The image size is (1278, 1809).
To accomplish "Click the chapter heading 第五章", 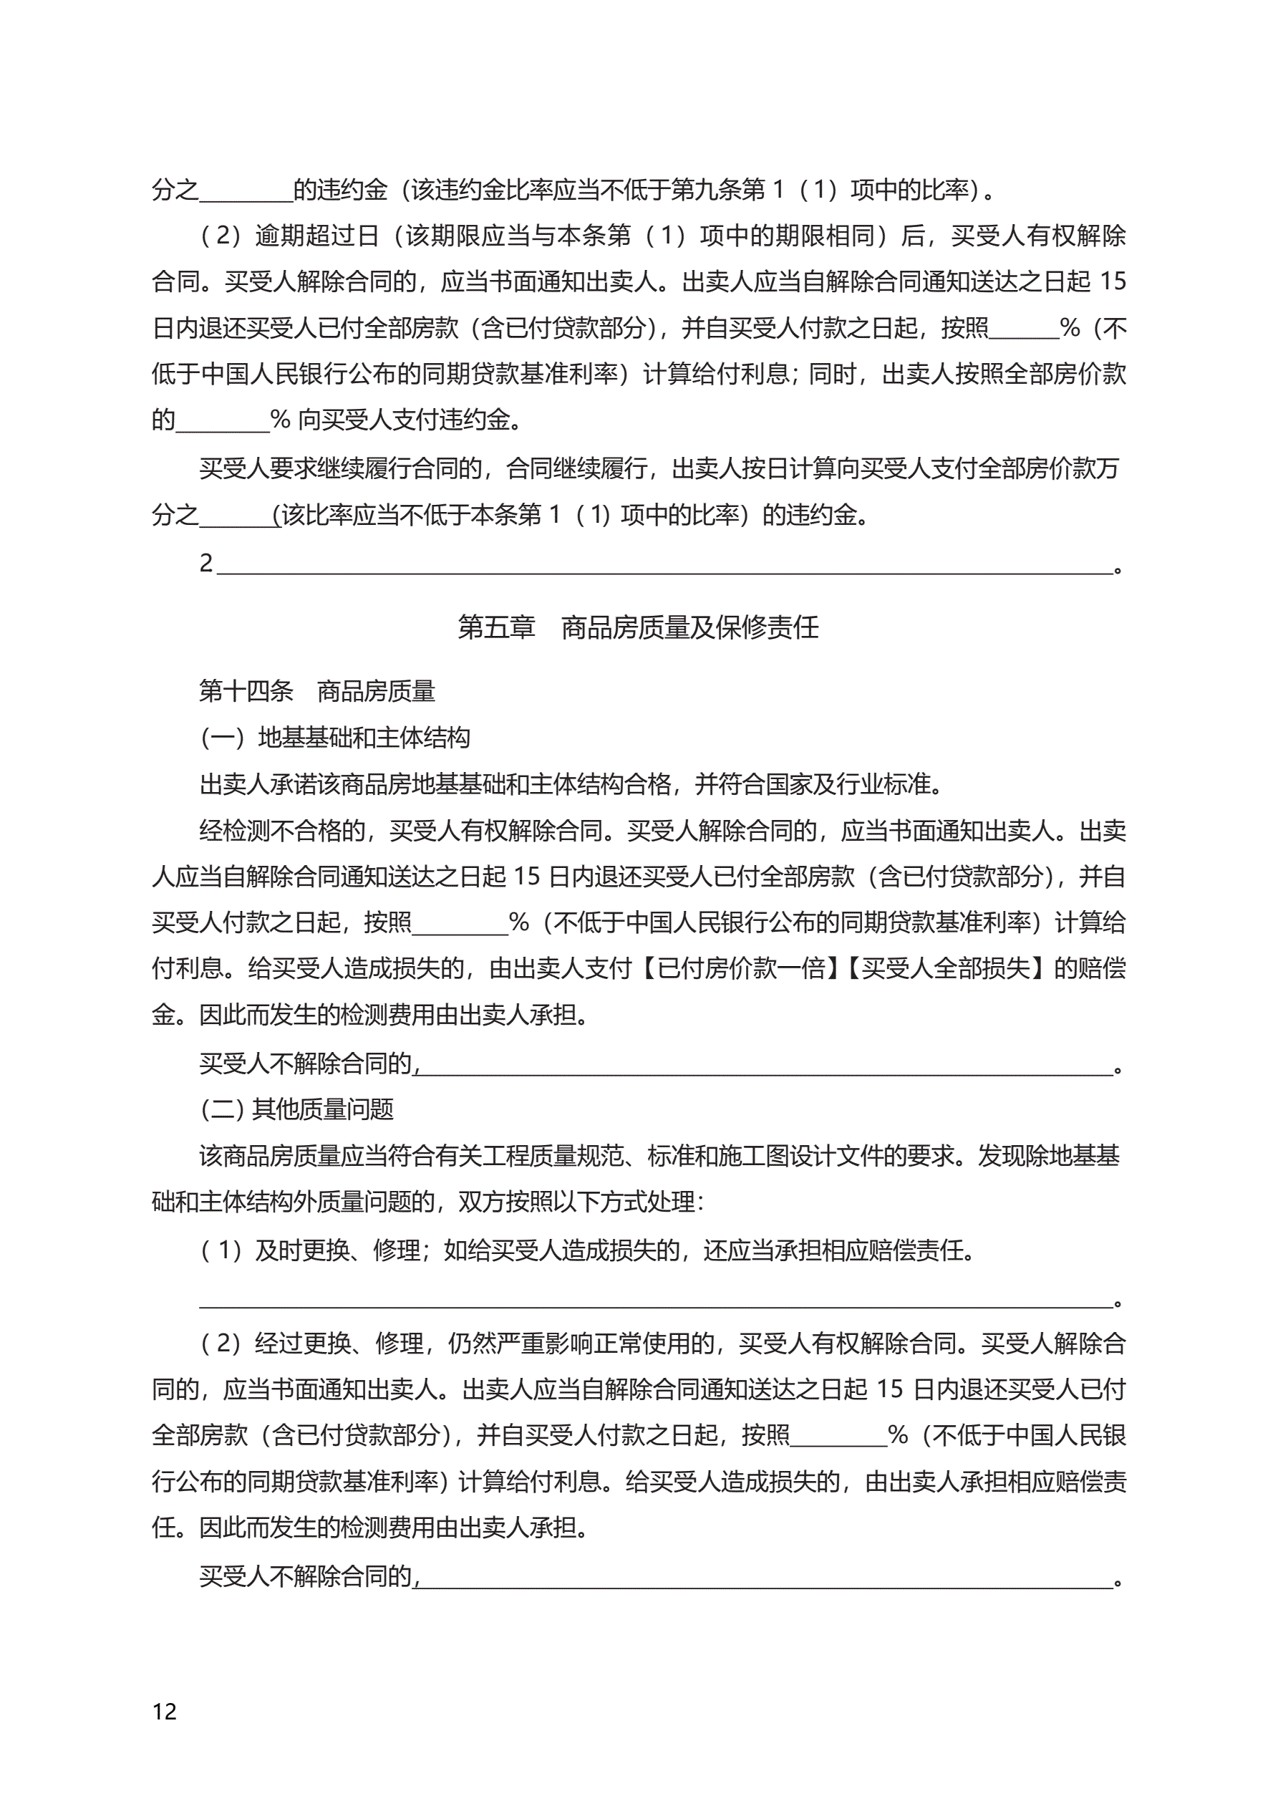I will tap(495, 627).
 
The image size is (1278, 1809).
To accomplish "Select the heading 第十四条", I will tap(245, 691).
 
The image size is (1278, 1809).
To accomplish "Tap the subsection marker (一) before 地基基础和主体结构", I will tap(224, 738).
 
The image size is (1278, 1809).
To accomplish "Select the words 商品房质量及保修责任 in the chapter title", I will tap(689, 627).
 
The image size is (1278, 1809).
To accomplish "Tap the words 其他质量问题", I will tap(322, 1109).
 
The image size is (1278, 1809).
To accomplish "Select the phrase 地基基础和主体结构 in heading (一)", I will tap(364, 738).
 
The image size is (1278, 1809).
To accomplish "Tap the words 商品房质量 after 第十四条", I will tap(376, 691).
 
